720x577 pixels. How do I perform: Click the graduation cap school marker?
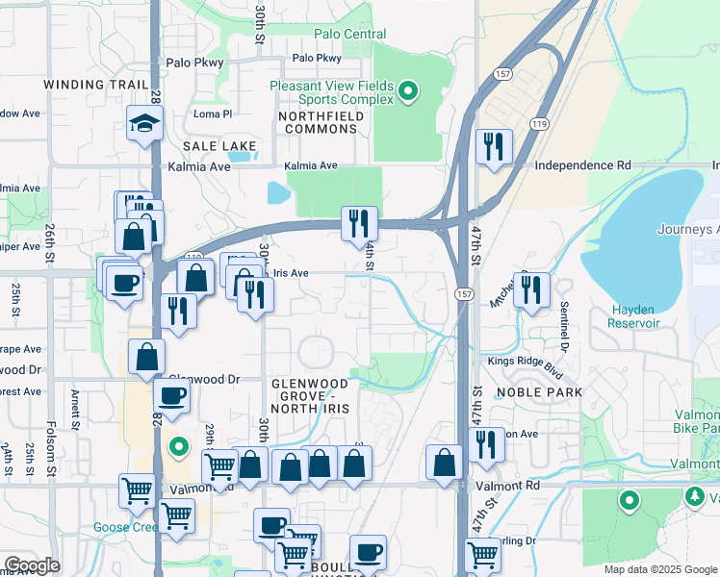(x=143, y=124)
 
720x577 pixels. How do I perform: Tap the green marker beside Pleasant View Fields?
(x=407, y=92)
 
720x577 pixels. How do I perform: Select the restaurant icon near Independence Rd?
(x=493, y=147)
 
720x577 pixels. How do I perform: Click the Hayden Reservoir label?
(x=634, y=316)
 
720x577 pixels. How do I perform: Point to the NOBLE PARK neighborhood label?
(x=539, y=392)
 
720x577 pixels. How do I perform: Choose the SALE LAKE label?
(x=220, y=146)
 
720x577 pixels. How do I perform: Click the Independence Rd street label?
(x=582, y=165)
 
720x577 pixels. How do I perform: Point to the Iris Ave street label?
(x=291, y=273)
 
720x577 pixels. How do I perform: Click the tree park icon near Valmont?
(x=694, y=495)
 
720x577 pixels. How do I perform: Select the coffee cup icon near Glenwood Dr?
(x=172, y=395)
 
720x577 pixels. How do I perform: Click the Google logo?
(x=32, y=564)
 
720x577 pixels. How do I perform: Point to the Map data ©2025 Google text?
(x=659, y=569)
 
